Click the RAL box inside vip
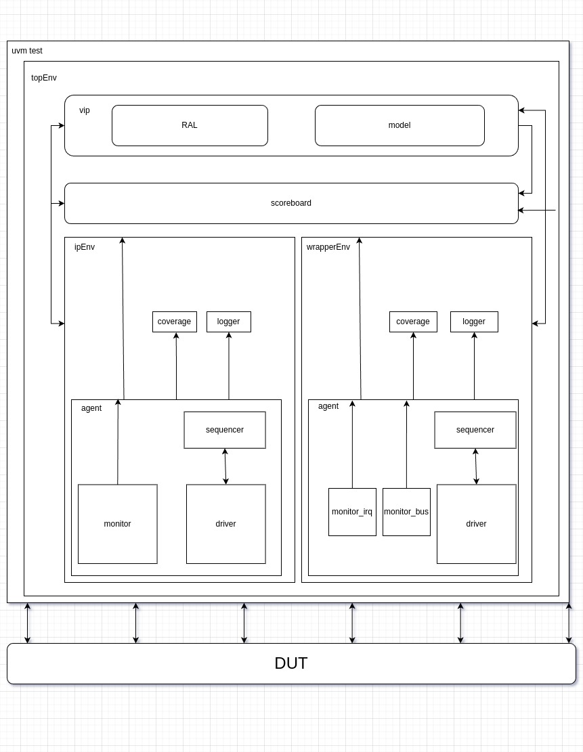click(190, 125)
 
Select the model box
click(400, 125)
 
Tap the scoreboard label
click(291, 203)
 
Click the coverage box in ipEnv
click(175, 322)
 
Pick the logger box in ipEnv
click(229, 322)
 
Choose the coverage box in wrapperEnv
click(413, 322)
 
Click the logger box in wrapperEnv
click(474, 322)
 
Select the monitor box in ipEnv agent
click(118, 524)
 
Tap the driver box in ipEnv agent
click(226, 524)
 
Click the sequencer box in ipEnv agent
click(225, 430)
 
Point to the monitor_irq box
click(352, 512)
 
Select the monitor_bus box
click(406, 512)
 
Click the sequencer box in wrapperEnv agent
click(475, 430)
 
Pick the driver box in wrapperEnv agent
click(477, 524)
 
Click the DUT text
click(291, 663)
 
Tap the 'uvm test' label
click(27, 51)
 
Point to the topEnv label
click(44, 78)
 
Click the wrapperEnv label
click(328, 247)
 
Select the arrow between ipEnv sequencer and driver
click(225, 466)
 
